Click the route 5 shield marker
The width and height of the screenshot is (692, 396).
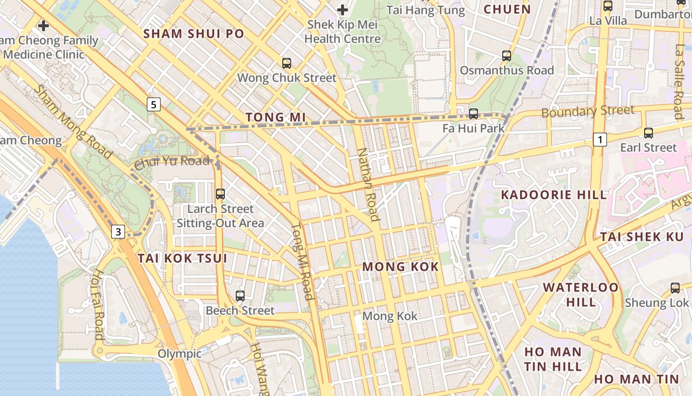click(x=154, y=104)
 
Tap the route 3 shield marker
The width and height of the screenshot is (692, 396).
click(x=118, y=231)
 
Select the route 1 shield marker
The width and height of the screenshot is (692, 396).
click(x=600, y=140)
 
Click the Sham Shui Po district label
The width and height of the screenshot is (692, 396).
click(x=194, y=34)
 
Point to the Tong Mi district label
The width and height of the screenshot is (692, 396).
click(x=273, y=117)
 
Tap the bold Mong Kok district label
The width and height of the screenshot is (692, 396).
click(x=400, y=267)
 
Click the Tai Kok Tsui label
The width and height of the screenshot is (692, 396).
click(x=182, y=258)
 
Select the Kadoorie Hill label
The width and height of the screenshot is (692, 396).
click(x=554, y=195)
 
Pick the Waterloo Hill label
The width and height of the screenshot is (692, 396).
click(x=581, y=295)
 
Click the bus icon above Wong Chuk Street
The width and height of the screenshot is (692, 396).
click(x=287, y=63)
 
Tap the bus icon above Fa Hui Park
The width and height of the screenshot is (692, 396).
click(x=474, y=114)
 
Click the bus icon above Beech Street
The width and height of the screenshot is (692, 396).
click(x=240, y=296)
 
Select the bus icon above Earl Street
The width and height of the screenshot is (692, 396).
click(x=649, y=133)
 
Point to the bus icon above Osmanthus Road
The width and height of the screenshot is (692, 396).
click(x=507, y=56)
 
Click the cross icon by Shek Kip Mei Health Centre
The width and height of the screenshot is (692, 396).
click(x=343, y=9)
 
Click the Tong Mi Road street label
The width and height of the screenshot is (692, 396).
click(x=302, y=262)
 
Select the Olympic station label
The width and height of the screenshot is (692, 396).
click(x=179, y=353)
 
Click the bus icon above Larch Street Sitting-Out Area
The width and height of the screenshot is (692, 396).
click(x=220, y=194)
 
